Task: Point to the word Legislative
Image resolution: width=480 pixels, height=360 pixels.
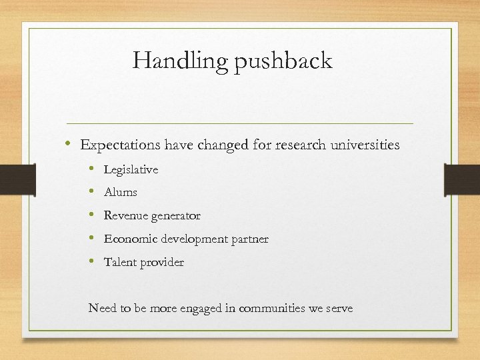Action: (131, 169)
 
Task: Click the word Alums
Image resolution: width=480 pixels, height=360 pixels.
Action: (120, 192)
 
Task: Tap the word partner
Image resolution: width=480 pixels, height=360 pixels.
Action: (249, 239)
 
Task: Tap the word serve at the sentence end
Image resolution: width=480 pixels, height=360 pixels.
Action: (338, 309)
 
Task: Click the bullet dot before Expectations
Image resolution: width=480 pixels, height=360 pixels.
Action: (69, 144)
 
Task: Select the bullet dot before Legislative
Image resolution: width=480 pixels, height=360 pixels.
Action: (92, 169)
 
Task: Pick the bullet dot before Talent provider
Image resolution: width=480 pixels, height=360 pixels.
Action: (92, 261)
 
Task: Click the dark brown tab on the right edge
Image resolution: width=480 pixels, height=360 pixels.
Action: (461, 179)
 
